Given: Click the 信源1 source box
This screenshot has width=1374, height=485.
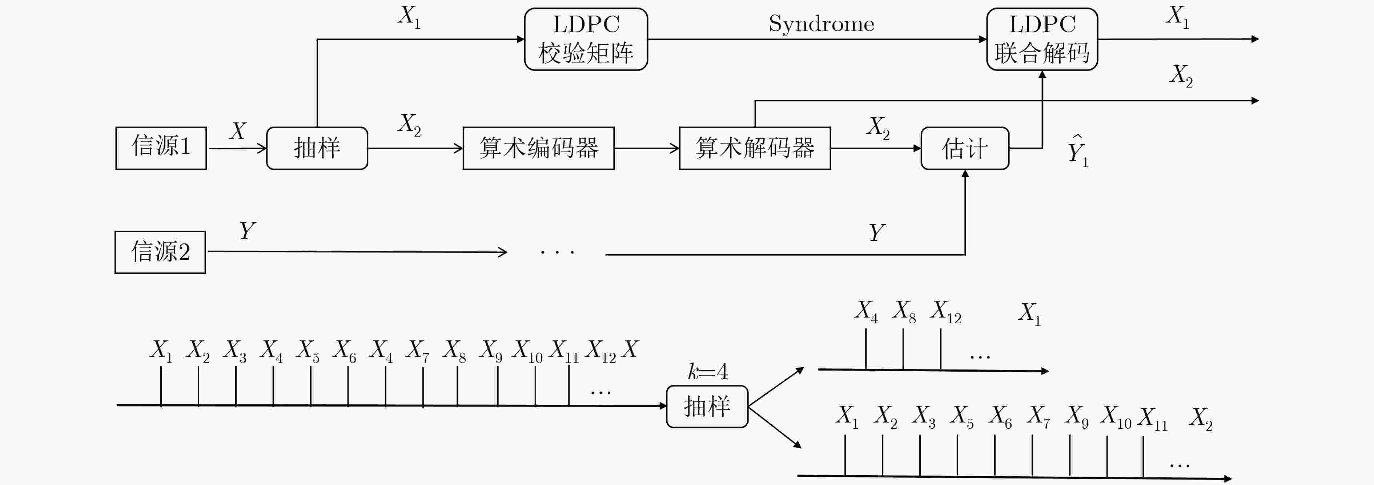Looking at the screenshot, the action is click(161, 148).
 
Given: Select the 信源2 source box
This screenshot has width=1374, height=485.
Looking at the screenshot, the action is click(160, 252).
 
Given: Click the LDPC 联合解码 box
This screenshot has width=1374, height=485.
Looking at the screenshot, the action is click(1042, 39).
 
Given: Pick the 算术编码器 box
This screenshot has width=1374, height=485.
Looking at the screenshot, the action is click(539, 148).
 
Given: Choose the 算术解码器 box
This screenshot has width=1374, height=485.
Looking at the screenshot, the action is click(755, 148).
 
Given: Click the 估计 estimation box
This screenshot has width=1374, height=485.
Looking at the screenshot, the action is click(965, 148).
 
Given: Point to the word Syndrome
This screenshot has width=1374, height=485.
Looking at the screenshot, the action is click(821, 24).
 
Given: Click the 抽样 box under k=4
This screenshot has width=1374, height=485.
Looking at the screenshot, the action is click(707, 406).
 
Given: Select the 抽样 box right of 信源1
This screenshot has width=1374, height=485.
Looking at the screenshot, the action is click(317, 148).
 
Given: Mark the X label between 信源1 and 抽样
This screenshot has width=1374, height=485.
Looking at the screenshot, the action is click(238, 130).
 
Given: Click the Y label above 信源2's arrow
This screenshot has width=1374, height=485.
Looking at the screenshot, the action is click(247, 231).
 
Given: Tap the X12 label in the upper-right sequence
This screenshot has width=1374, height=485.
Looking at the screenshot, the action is click(946, 312).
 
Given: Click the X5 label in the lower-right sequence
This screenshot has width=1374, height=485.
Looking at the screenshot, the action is click(962, 417).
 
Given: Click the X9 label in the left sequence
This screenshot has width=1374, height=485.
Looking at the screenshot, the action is click(491, 352).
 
